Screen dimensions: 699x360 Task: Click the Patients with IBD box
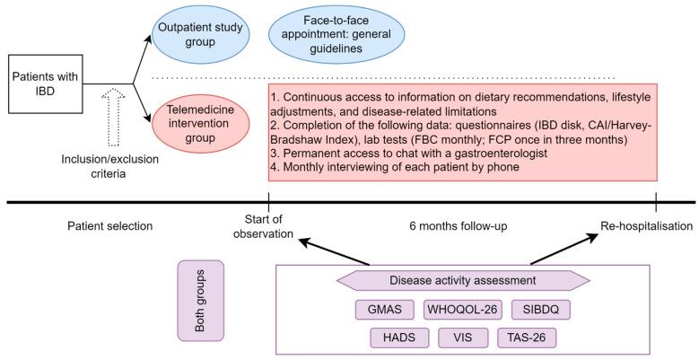(x=46, y=83)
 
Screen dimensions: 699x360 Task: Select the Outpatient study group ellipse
(x=200, y=34)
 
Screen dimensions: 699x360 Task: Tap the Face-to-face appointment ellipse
(x=336, y=34)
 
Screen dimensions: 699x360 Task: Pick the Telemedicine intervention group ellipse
(x=200, y=124)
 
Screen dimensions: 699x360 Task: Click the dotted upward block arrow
(x=113, y=118)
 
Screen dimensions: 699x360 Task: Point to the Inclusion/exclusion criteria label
(x=109, y=166)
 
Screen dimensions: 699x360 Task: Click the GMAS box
(x=385, y=310)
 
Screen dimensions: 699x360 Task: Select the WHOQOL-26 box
(x=462, y=310)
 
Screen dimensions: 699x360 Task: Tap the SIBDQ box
(x=541, y=310)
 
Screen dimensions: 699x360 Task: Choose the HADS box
(x=399, y=338)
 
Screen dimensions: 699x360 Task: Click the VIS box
(x=463, y=338)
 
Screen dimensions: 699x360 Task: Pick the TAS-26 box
(x=527, y=338)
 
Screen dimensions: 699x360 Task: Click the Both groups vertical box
(x=201, y=301)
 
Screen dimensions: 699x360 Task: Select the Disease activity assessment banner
(x=463, y=281)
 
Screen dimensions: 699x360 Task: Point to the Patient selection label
(x=110, y=226)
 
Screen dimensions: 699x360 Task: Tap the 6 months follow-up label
(x=459, y=226)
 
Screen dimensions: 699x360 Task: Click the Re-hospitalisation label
(x=647, y=226)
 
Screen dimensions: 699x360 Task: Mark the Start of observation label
(x=264, y=226)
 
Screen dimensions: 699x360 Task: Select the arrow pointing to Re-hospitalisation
(x=564, y=250)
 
